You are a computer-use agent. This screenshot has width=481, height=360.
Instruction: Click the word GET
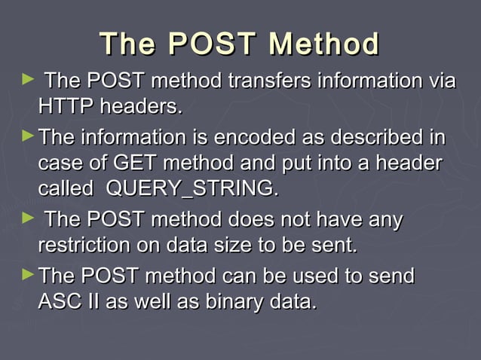137,163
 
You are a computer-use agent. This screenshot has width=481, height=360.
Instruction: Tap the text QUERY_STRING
192,189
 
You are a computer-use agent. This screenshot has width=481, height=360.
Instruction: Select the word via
439,80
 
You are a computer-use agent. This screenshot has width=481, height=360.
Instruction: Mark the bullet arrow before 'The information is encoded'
28,137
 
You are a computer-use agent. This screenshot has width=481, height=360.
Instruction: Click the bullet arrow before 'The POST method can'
28,275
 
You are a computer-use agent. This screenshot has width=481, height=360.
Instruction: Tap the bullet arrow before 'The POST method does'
29,218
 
